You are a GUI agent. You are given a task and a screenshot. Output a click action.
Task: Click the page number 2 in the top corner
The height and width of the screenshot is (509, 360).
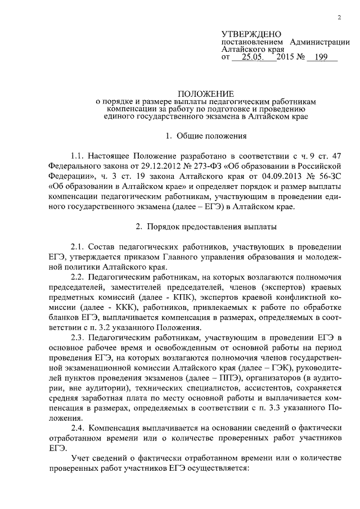click(340, 17)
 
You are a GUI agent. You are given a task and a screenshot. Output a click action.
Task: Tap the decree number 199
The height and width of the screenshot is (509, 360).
click(322, 57)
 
